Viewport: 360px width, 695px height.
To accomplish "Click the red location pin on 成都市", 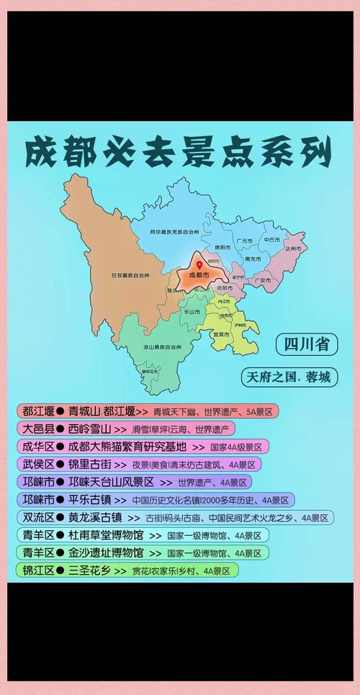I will point(199,266).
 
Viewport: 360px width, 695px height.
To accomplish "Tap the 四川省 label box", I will point(306,345).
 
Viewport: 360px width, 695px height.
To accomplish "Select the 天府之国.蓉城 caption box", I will point(288,377).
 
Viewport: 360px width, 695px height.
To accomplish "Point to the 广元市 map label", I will point(245,240).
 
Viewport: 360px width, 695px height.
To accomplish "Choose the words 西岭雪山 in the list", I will point(89,429).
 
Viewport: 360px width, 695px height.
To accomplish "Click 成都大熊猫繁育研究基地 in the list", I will point(127,447).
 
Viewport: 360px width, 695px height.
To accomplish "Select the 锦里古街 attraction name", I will point(89,465).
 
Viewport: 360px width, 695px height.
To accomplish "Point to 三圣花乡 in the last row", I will point(89,570).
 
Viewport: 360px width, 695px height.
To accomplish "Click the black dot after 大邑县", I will point(60,429).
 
